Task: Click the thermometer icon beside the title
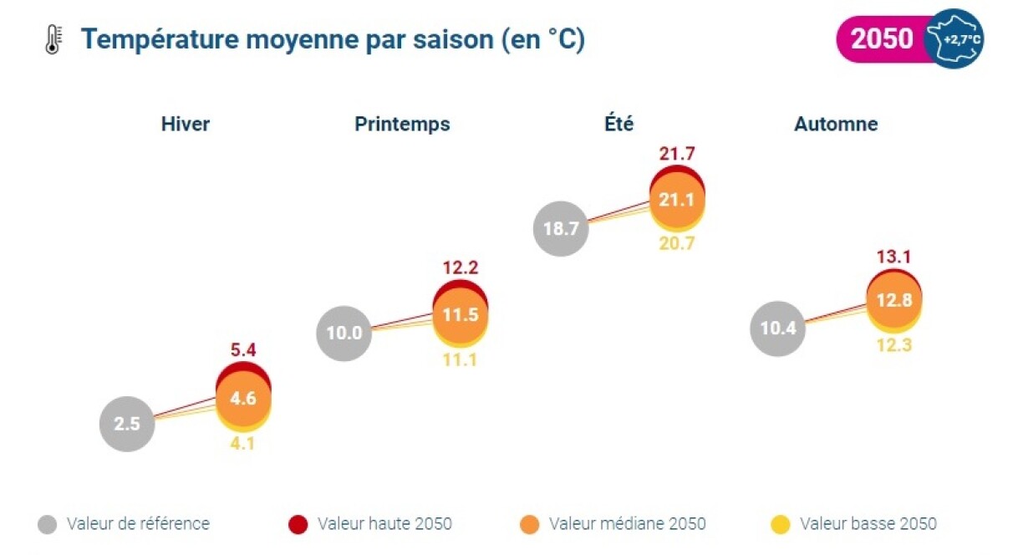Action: [53, 39]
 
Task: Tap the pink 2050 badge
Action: [883, 39]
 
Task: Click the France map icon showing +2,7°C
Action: [955, 39]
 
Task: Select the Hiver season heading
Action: [186, 125]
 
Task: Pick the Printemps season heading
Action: [402, 125]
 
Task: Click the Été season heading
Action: [619, 125]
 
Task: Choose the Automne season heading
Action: [836, 125]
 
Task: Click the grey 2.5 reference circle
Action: [127, 424]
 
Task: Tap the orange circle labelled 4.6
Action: [243, 399]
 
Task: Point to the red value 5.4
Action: [243, 350]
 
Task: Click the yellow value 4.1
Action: [243, 444]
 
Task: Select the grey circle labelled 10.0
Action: [344, 333]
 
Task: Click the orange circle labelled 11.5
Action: [460, 316]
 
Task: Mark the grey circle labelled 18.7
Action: [561, 228]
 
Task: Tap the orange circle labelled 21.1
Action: [677, 201]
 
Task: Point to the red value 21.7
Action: [677, 154]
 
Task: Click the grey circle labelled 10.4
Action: [778, 328]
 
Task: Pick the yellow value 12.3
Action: [893, 344]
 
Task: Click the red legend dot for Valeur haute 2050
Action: [297, 525]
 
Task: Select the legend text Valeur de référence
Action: [138, 524]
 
